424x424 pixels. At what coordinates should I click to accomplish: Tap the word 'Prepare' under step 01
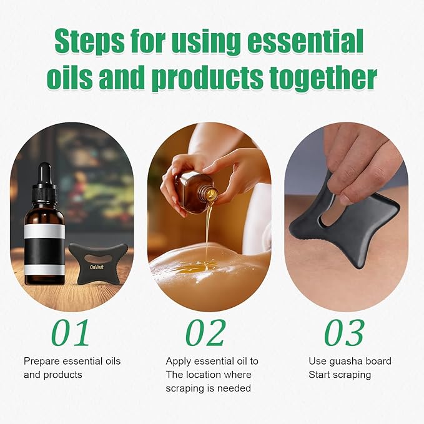(x=42, y=361)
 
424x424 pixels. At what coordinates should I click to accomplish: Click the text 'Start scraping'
(x=340, y=375)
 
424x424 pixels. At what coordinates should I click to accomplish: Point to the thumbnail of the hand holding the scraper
(x=346, y=216)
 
